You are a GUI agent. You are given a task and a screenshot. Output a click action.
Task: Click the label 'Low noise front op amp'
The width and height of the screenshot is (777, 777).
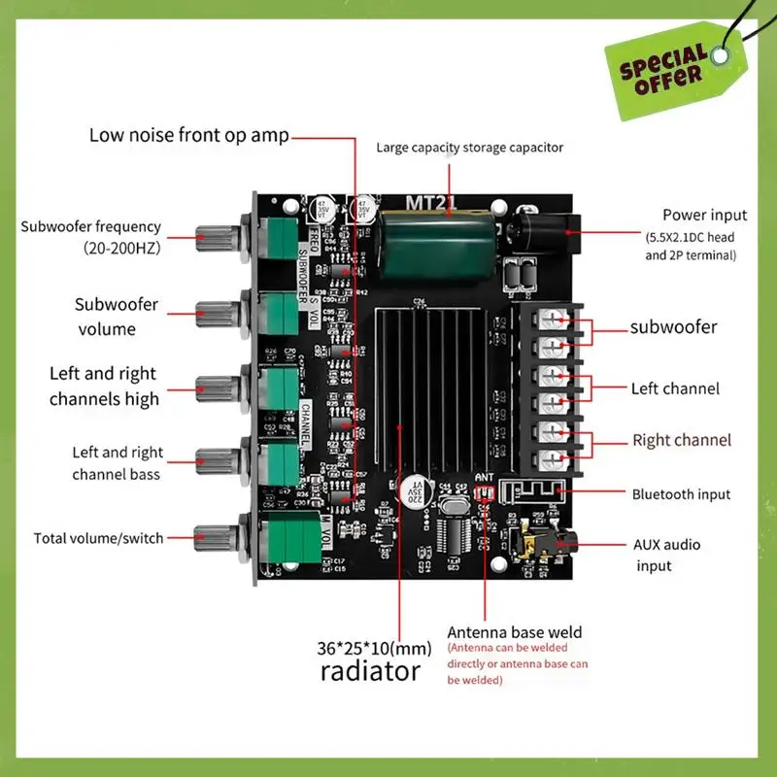pyautogui.click(x=188, y=135)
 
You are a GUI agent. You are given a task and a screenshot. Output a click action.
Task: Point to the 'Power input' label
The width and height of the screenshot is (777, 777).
pyautogui.click(x=704, y=215)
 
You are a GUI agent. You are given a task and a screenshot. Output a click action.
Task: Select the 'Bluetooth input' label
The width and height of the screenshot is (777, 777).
pyautogui.click(x=681, y=494)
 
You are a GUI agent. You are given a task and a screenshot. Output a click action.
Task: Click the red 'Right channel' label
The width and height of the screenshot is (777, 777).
pyautogui.click(x=682, y=440)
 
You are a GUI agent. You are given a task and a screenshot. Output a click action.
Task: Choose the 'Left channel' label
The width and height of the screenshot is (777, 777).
pyautogui.click(x=675, y=388)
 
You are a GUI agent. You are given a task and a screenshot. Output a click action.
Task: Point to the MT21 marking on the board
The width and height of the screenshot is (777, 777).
pyautogui.click(x=425, y=203)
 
